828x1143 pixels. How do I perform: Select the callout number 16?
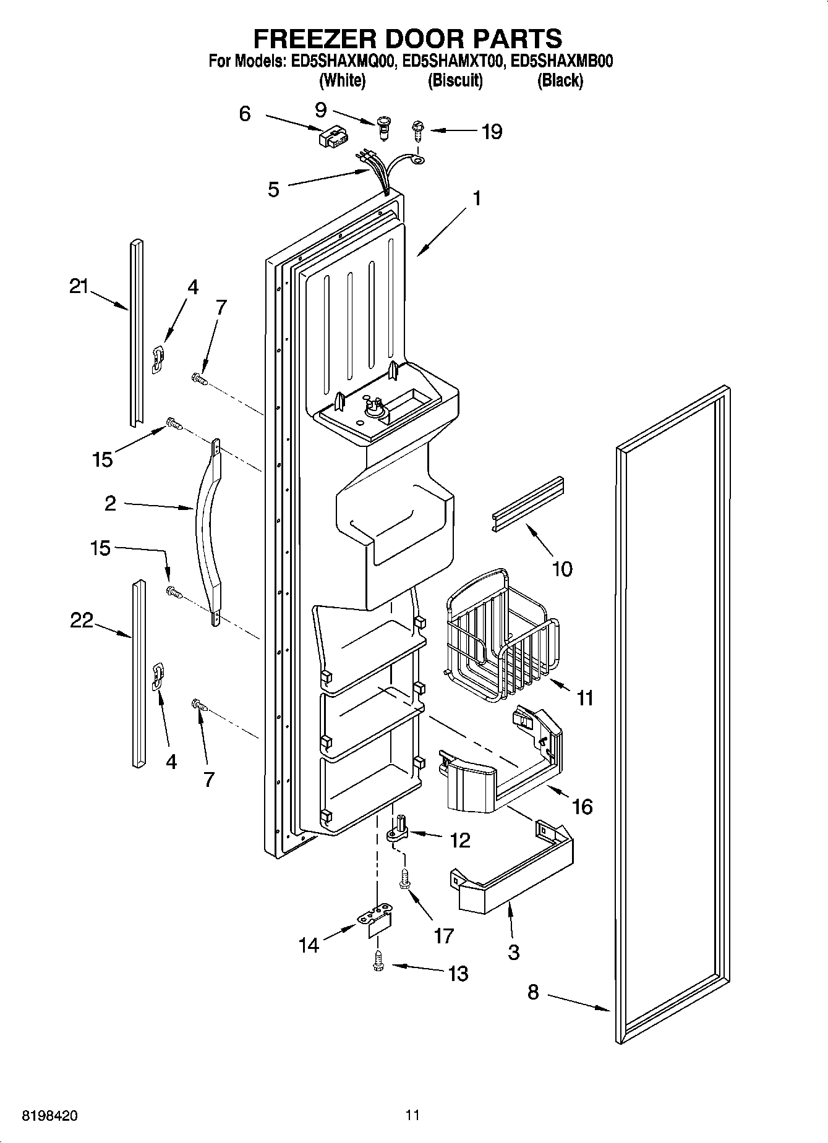(x=582, y=806)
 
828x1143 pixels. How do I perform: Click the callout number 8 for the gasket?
(x=532, y=992)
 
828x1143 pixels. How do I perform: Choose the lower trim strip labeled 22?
(x=138, y=674)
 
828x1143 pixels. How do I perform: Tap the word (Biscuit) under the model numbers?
(x=455, y=80)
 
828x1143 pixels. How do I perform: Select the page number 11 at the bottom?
(x=412, y=1115)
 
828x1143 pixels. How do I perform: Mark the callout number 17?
(x=443, y=936)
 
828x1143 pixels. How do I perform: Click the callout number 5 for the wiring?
(x=273, y=189)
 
